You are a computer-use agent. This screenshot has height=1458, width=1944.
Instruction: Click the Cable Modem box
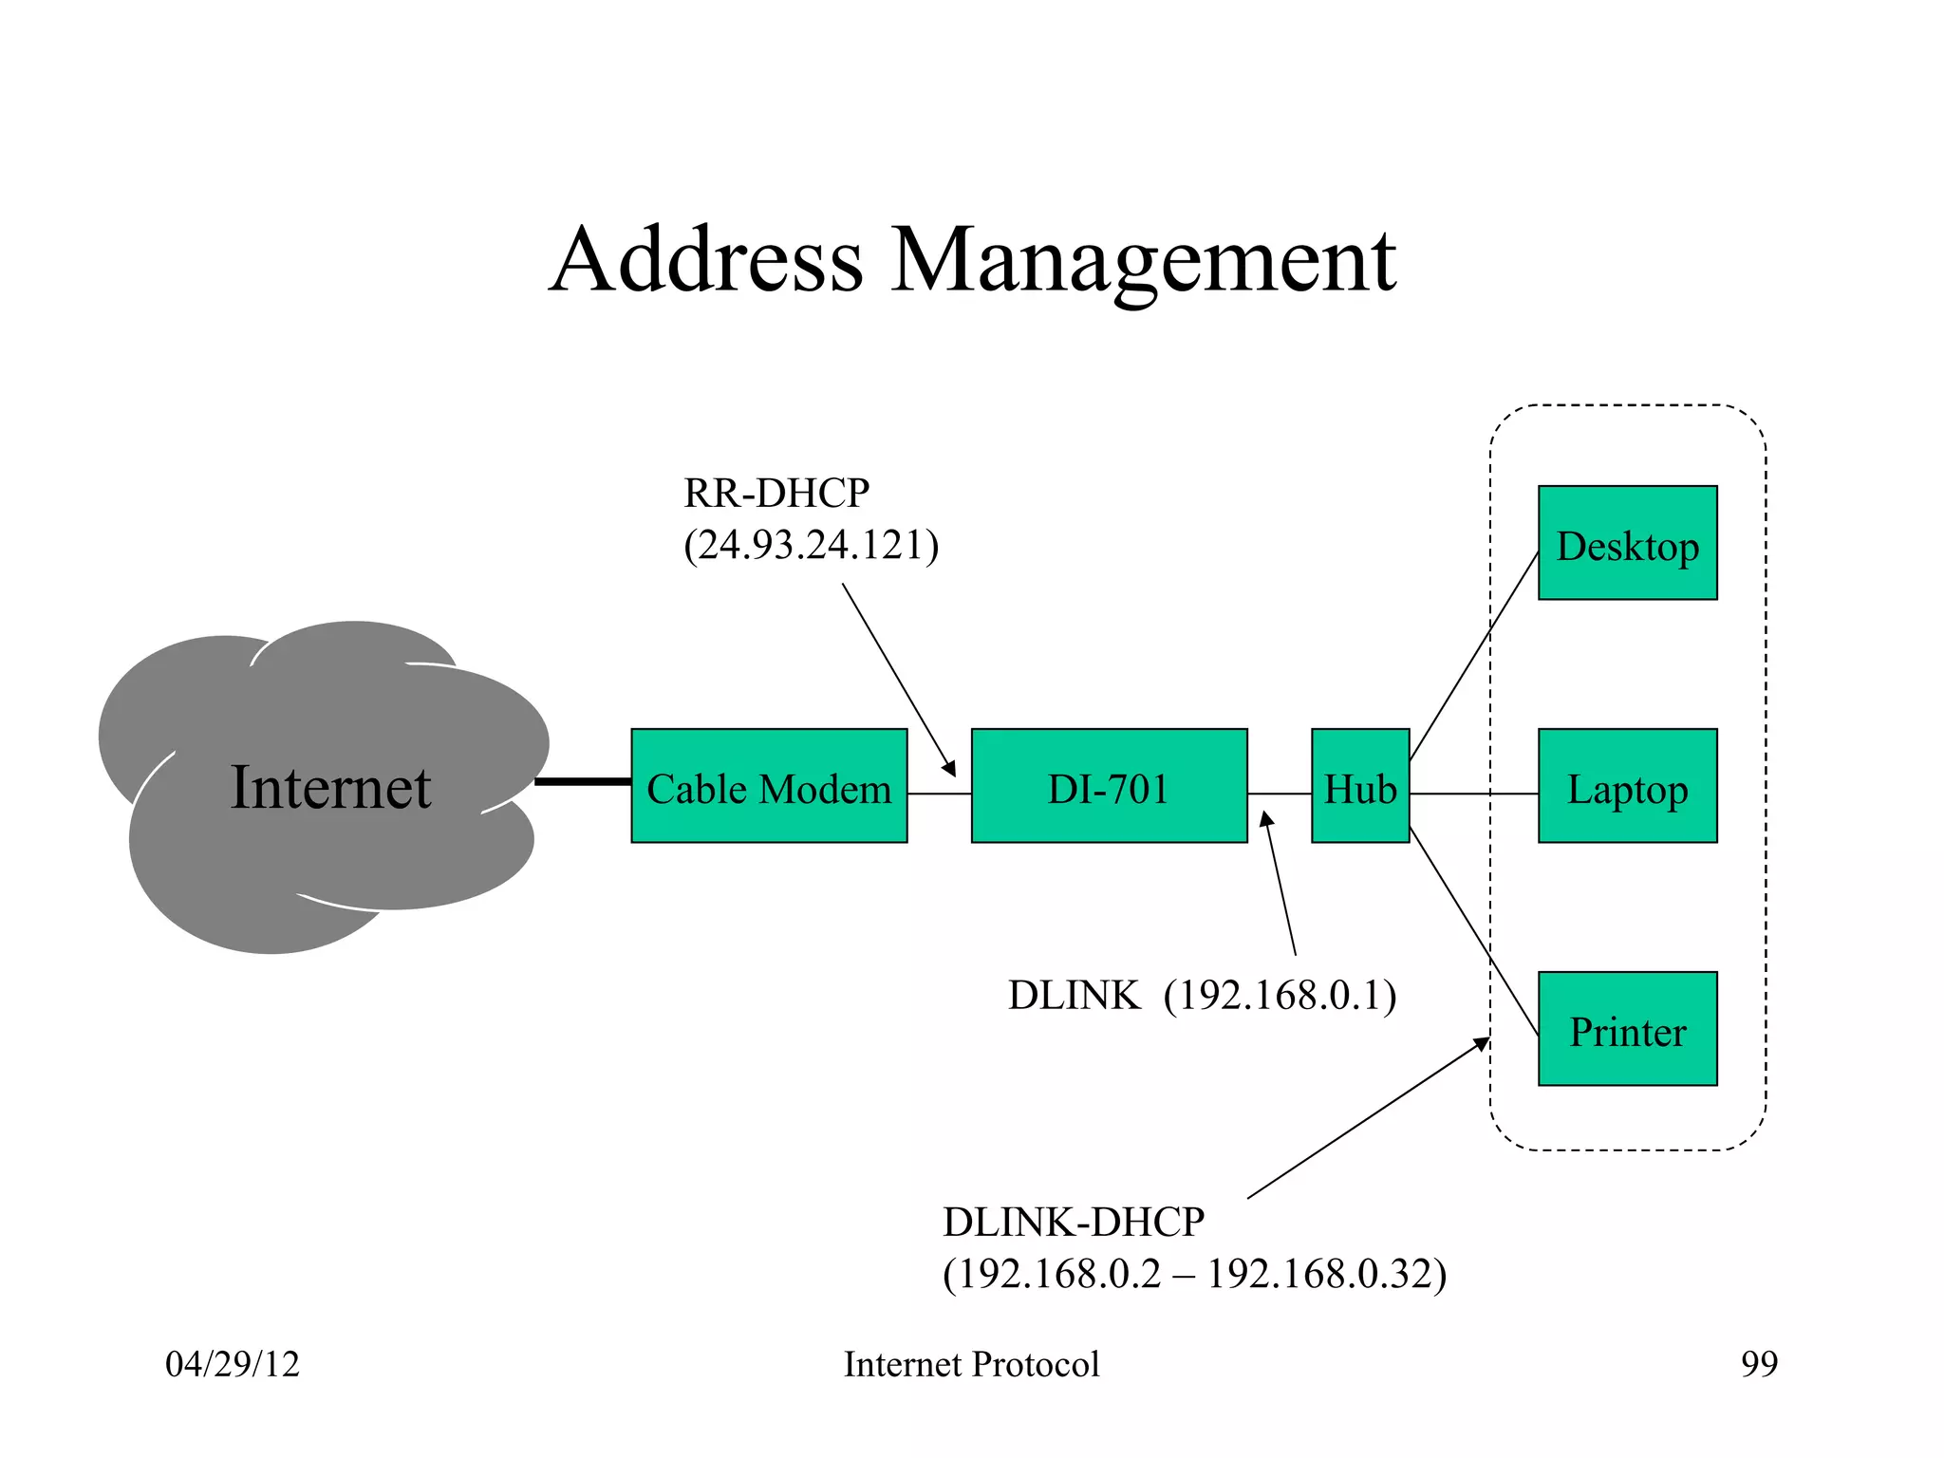click(x=769, y=786)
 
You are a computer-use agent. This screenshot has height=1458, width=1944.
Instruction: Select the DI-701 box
click(x=1109, y=786)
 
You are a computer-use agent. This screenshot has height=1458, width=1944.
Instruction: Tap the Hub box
click(x=1360, y=786)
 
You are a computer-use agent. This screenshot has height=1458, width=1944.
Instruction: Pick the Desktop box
click(x=1627, y=543)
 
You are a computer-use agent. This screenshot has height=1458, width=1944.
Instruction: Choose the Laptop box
click(x=1627, y=786)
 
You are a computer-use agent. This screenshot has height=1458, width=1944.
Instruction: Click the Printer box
click(x=1627, y=1029)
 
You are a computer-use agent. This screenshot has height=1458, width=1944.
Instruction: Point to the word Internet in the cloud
click(x=330, y=788)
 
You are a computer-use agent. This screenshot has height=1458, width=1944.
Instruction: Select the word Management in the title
click(x=1143, y=261)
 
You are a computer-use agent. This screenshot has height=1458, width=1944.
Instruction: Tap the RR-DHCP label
click(x=776, y=494)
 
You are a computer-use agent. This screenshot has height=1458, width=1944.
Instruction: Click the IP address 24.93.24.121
click(x=812, y=546)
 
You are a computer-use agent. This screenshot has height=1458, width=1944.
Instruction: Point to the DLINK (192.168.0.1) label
click(x=1202, y=996)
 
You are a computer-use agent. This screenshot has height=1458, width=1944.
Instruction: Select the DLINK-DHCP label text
click(x=1073, y=1222)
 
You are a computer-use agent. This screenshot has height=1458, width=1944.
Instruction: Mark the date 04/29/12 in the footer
click(x=233, y=1364)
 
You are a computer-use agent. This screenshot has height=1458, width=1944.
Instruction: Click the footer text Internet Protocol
click(x=971, y=1364)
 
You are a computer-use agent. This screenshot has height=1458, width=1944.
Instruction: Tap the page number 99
click(x=1759, y=1364)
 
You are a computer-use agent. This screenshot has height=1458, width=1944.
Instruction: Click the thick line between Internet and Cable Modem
click(x=583, y=781)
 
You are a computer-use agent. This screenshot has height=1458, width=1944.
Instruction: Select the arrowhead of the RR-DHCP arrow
click(x=949, y=769)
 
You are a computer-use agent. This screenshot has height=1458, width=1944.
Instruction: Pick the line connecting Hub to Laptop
click(x=1473, y=794)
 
